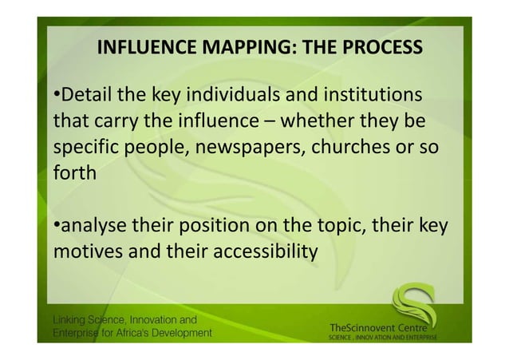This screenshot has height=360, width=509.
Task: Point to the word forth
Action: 73,174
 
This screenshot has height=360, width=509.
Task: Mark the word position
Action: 215,227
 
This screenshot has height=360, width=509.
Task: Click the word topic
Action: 335,227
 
